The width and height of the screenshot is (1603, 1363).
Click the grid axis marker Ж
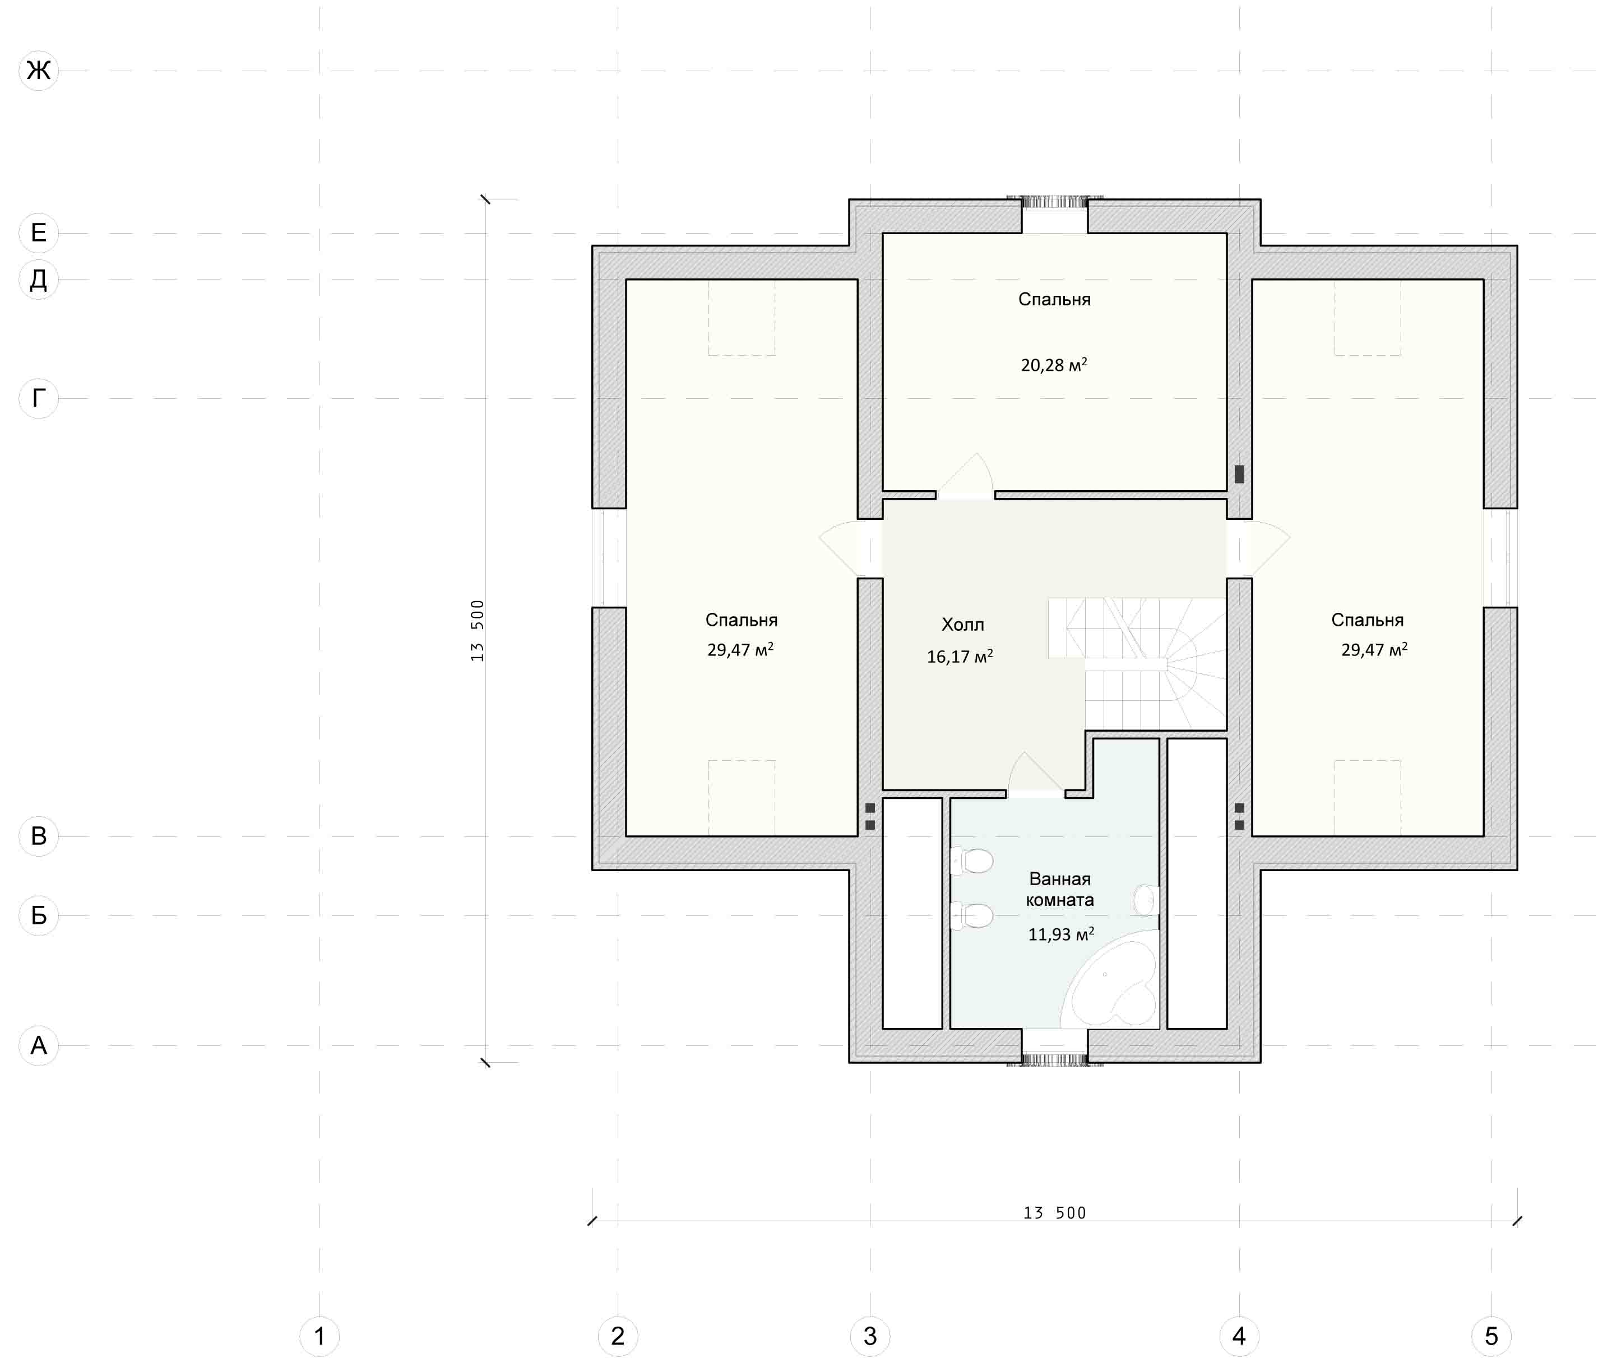pos(39,71)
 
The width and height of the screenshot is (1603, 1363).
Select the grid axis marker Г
pos(39,398)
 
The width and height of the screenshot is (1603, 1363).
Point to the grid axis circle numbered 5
pos(1491,1336)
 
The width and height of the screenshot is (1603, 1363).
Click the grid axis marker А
pos(39,1045)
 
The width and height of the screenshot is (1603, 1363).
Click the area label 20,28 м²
pos(1054,365)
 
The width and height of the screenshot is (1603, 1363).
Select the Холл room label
pos(962,624)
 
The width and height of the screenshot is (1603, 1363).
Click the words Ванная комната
pos(1060,890)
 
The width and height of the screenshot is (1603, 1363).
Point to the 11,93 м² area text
pos(1060,934)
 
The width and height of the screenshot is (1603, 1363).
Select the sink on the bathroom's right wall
pos(1146,900)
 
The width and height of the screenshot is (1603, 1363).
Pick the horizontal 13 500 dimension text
pos(1054,1213)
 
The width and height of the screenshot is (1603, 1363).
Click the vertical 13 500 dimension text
pos(477,630)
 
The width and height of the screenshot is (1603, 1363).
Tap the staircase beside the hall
pos(1137,663)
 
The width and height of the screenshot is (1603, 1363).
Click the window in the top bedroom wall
pos(1055,202)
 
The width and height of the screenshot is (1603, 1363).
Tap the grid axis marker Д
pos(39,279)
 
